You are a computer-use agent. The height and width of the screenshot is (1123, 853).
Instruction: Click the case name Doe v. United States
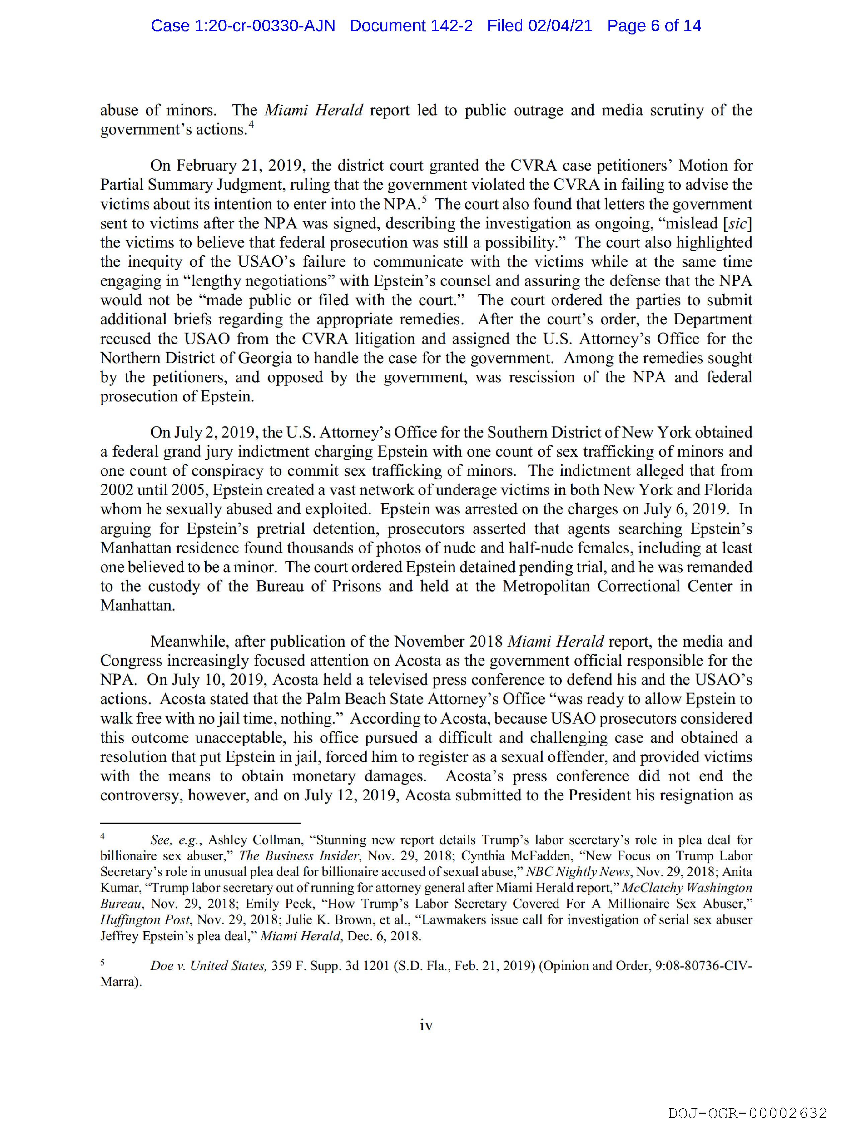[x=208, y=966]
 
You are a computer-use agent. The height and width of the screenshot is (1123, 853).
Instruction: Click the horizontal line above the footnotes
[x=201, y=823]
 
